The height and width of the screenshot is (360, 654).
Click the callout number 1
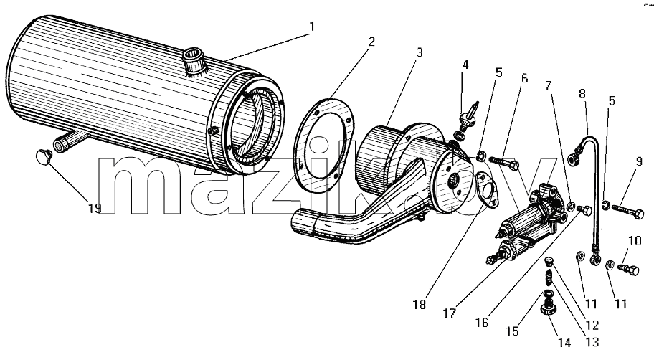point(311,27)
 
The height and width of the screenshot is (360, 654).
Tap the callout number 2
point(371,42)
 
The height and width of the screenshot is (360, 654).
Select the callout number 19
point(95,208)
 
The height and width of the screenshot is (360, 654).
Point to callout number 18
point(420,305)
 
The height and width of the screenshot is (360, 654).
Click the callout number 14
point(564,343)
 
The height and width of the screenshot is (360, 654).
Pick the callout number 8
point(583,93)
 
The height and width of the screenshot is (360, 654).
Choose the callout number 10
point(635,241)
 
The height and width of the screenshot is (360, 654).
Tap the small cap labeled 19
point(42,157)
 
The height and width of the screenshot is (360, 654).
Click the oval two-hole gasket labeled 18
point(486,190)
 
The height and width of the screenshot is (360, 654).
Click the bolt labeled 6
point(504,163)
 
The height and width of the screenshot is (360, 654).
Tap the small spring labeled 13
point(550,277)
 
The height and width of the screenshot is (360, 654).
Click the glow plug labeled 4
point(467,118)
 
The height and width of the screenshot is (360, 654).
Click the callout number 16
point(482,323)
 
